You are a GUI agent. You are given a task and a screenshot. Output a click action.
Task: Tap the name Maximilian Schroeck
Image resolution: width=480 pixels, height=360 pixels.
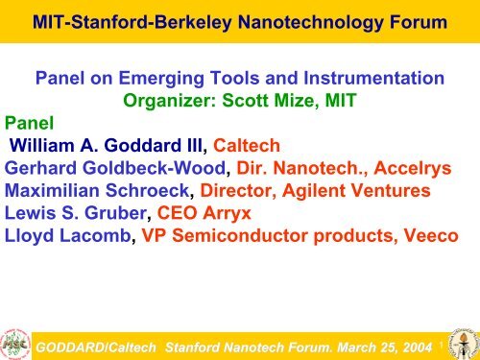pyautogui.click(x=111, y=186)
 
